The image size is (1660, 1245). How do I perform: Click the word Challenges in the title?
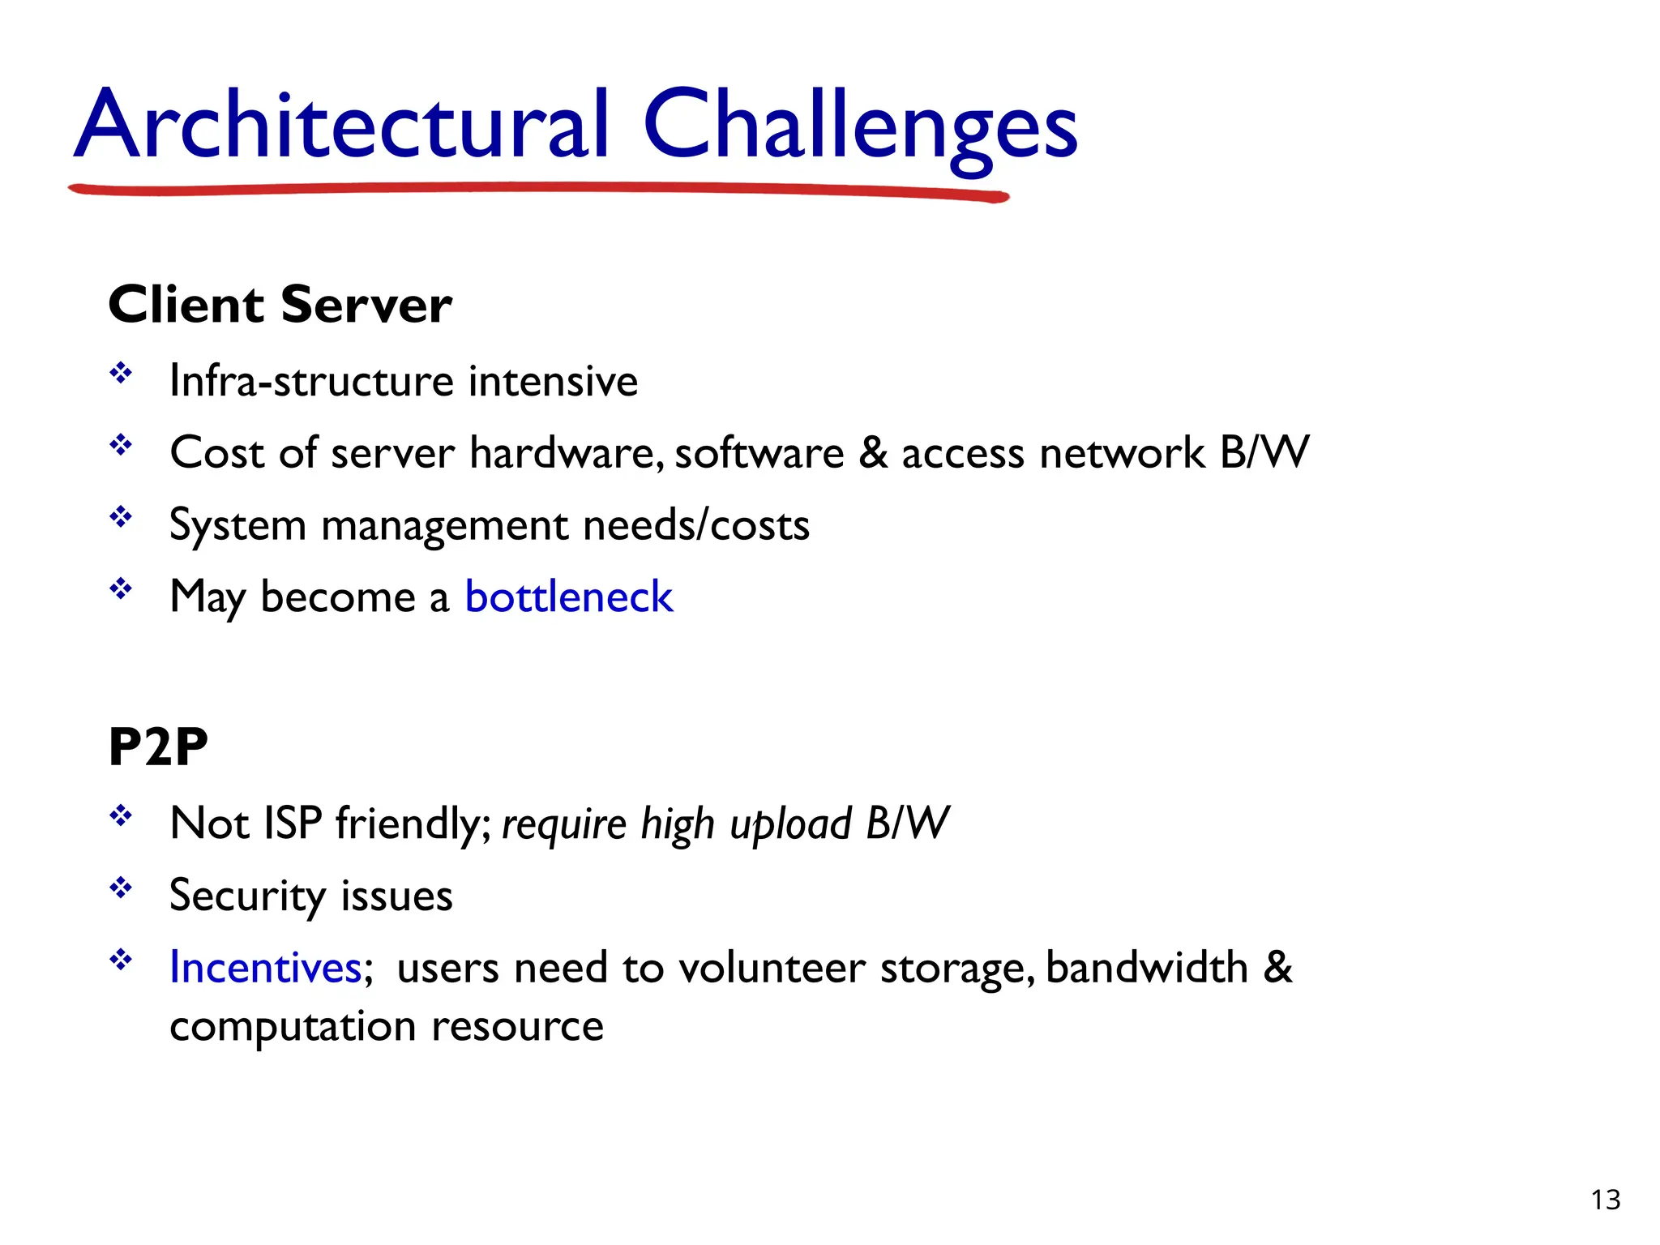pyautogui.click(x=859, y=126)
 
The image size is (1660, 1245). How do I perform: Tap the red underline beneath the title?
pyautogui.click(x=535, y=189)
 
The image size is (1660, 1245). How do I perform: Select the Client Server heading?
pyautogui.click(x=280, y=306)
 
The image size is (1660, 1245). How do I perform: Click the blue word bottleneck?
pyautogui.click(x=568, y=597)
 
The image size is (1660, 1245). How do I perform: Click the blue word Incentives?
pyautogui.click(x=265, y=968)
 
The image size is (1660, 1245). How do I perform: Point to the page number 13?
pyautogui.click(x=1605, y=1200)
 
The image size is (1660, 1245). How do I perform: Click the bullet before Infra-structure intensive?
pyautogui.click(x=121, y=374)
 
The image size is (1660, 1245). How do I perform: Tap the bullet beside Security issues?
pyautogui.click(x=121, y=888)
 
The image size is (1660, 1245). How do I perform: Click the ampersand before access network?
pyautogui.click(x=872, y=453)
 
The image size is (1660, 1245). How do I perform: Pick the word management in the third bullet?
pyautogui.click(x=444, y=526)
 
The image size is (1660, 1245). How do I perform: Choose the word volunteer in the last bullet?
pyautogui.click(x=772, y=968)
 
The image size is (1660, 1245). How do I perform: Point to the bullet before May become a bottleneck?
pyautogui.click(x=121, y=588)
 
